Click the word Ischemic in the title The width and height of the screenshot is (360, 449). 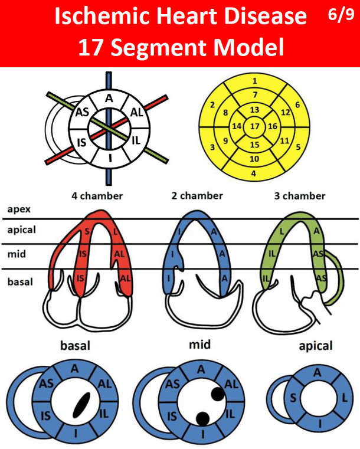pyautogui.click(x=98, y=17)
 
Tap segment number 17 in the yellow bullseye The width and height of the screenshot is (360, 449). pyautogui.click(x=254, y=126)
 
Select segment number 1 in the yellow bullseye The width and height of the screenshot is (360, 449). pyautogui.click(x=254, y=81)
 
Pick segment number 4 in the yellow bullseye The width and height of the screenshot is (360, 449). pyautogui.click(x=254, y=173)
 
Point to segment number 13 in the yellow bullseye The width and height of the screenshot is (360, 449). pyautogui.click(x=254, y=110)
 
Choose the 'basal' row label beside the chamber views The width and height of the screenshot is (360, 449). pyautogui.click(x=20, y=282)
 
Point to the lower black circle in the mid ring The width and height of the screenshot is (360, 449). pyautogui.click(x=202, y=418)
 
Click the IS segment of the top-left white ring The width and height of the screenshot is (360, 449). pyautogui.click(x=83, y=142)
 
